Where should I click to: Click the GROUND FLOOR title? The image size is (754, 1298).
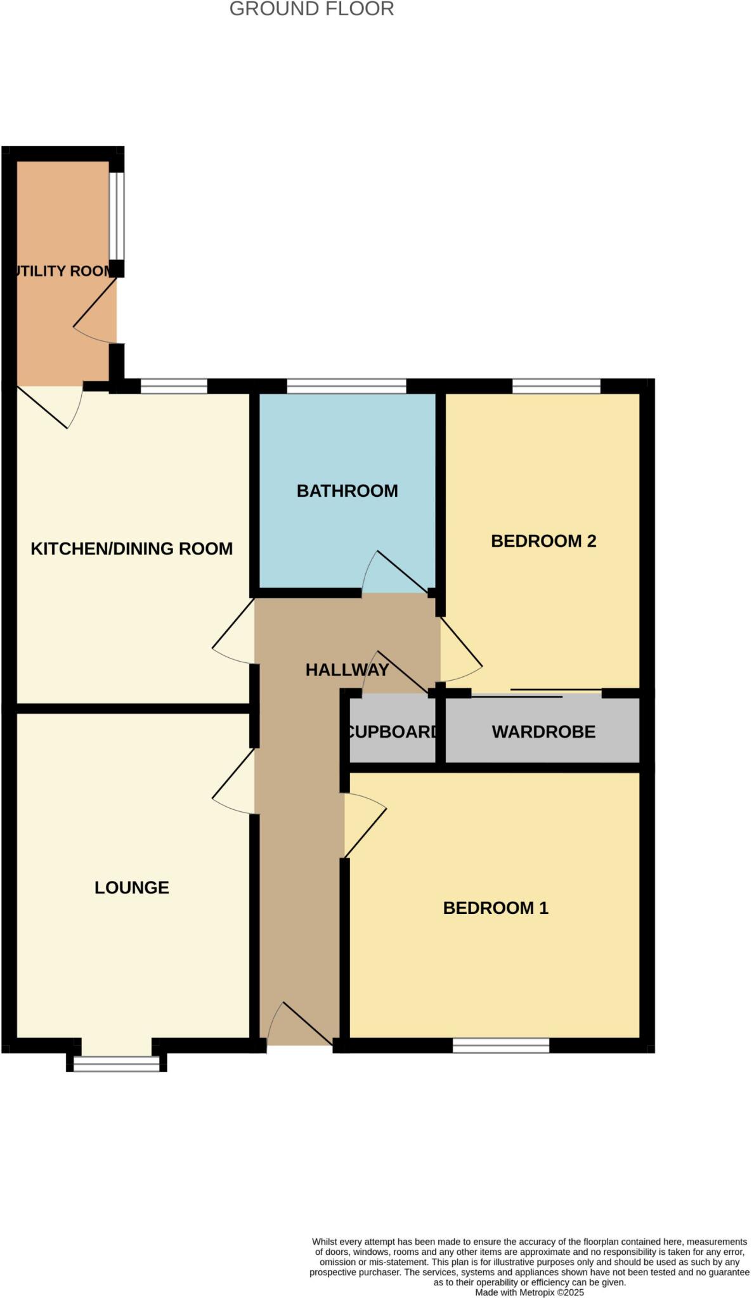point(311,9)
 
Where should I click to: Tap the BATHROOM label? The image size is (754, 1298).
point(347,491)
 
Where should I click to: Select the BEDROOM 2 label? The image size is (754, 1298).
point(543,541)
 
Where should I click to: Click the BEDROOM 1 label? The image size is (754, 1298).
point(495,908)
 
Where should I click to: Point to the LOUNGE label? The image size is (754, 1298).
point(132,887)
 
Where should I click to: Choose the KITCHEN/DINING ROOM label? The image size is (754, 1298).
point(132,548)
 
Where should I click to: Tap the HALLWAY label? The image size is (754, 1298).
point(347,669)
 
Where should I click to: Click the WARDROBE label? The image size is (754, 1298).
point(543,731)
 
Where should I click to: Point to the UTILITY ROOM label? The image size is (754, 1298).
point(63,271)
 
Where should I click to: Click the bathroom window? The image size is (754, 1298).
point(346,386)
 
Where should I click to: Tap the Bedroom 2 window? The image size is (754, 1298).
point(556,386)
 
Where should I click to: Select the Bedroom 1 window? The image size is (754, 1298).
point(501,1046)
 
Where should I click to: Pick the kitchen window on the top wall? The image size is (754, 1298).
point(174,386)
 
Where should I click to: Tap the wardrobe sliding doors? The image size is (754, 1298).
point(536,693)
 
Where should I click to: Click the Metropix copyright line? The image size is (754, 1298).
point(530,1292)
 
